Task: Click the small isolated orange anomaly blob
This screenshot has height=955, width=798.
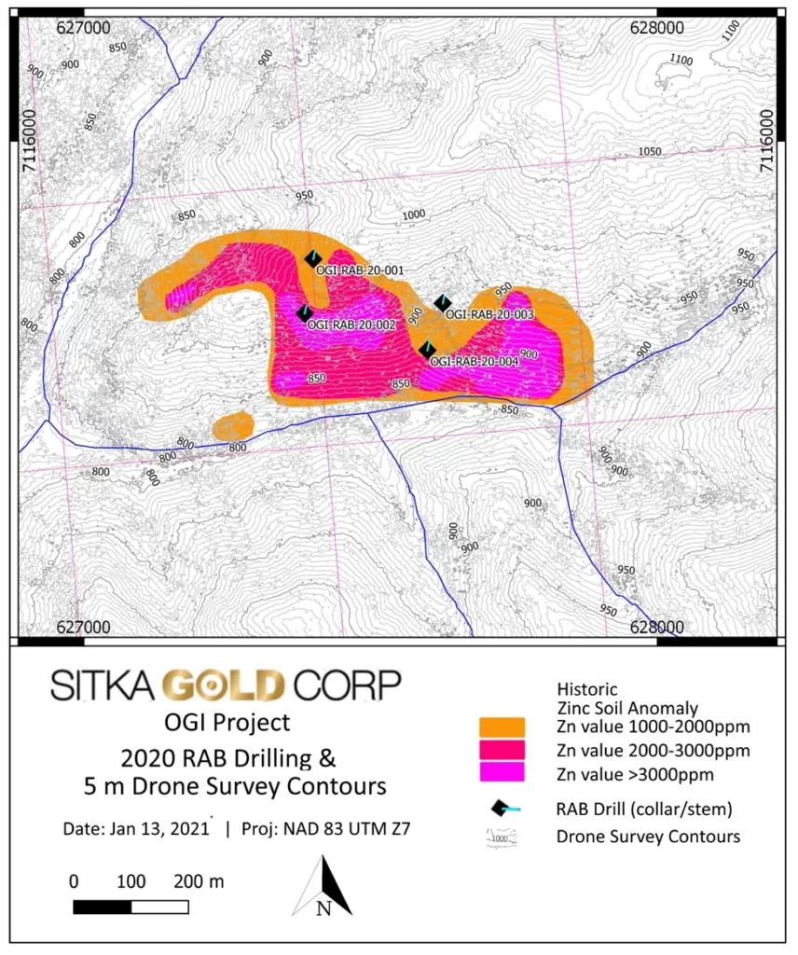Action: [x=233, y=426]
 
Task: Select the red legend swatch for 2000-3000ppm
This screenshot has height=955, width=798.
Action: [x=502, y=750]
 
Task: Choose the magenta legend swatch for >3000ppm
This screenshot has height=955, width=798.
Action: [x=502, y=772]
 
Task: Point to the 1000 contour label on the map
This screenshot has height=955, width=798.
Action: [x=413, y=215]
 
